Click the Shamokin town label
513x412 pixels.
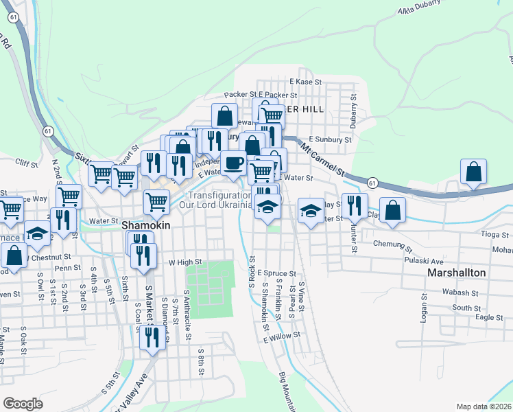pyautogui.click(x=144, y=225)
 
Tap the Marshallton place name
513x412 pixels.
pyautogui.click(x=456, y=273)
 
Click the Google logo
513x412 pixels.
pyautogui.click(x=23, y=404)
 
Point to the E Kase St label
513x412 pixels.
pyautogui.click(x=306, y=82)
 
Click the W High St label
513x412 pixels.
pyautogui.click(x=185, y=262)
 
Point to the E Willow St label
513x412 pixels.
pyautogui.click(x=282, y=336)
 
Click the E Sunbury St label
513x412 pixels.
pyautogui.click(x=330, y=138)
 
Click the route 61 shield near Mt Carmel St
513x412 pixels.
pyautogui.click(x=372, y=183)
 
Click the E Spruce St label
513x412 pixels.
pyautogui.click(x=276, y=273)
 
